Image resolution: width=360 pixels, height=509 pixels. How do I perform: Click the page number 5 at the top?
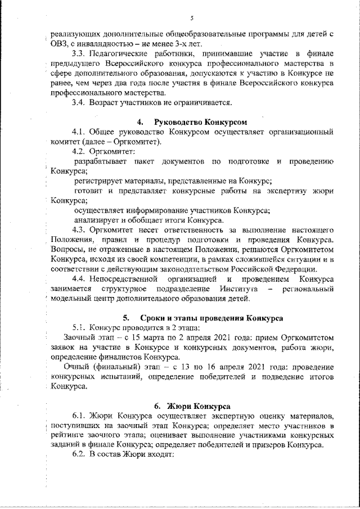(x=192, y=17)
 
